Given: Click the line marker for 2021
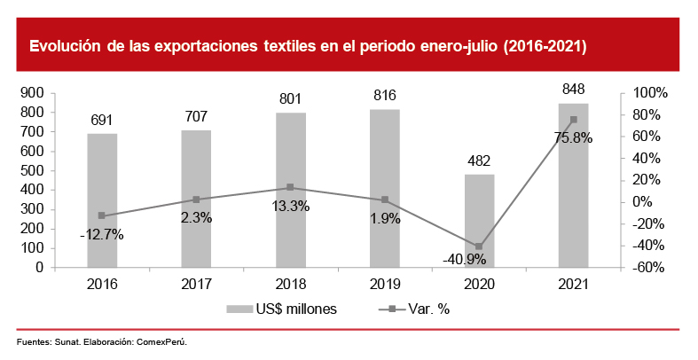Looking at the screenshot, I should pos(573,120).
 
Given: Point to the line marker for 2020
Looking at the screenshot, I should pos(479,247).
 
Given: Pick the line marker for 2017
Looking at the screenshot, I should pos(196,200).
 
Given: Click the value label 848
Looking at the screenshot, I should pos(573,90).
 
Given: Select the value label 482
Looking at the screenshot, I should pos(479,160).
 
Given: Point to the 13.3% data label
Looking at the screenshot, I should pos(290,206).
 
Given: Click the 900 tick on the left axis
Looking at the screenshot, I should pos(33,93).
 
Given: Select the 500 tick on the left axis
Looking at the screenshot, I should pos(33,170).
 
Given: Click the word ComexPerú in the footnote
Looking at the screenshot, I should pos(163,341).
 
